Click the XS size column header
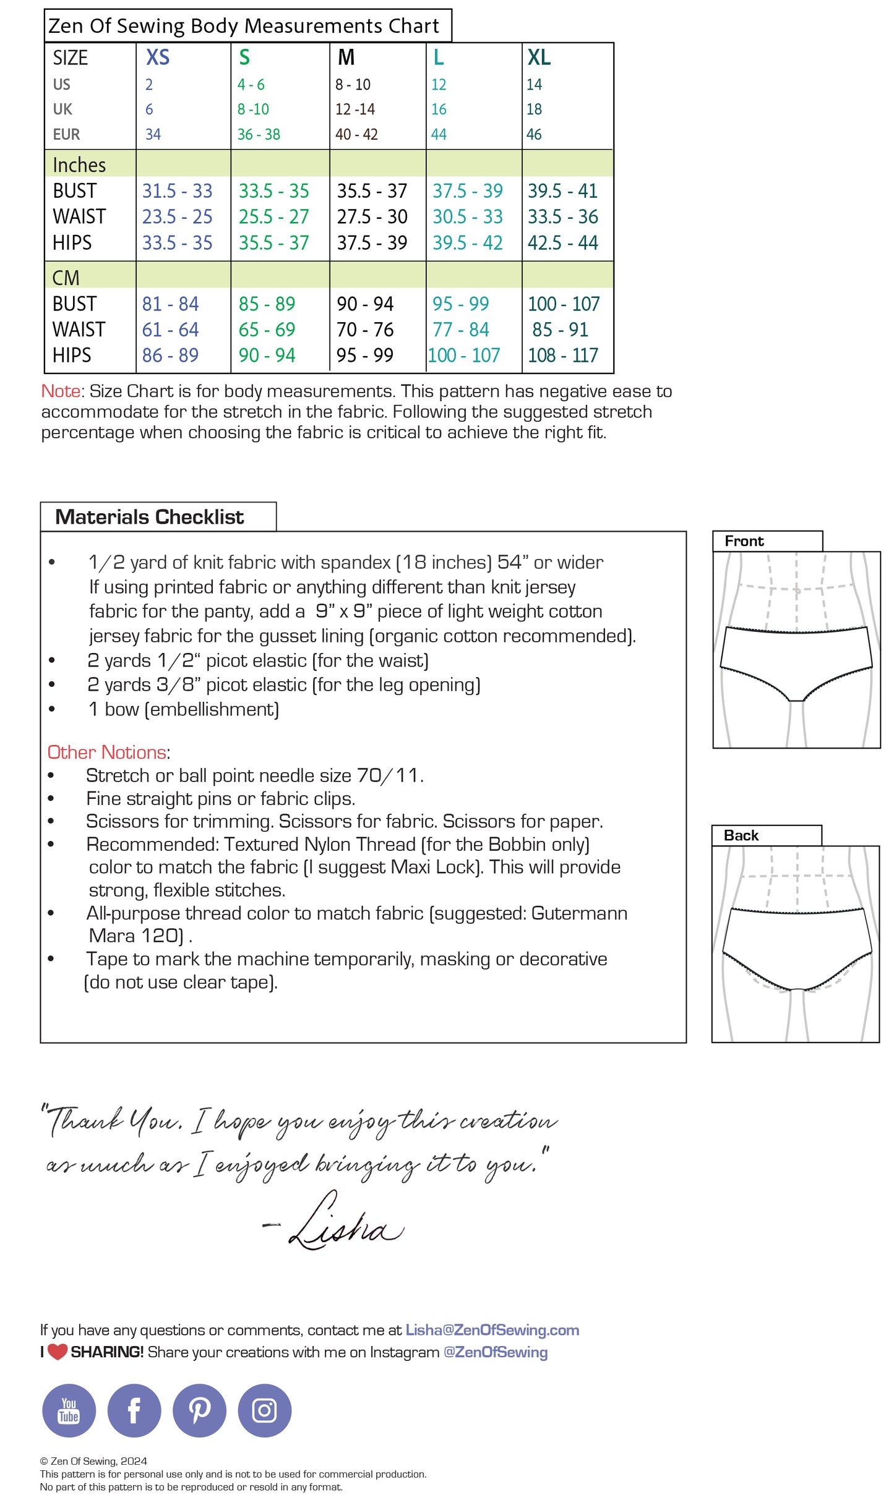pyautogui.click(x=158, y=57)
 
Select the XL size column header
pyautogui.click(x=539, y=57)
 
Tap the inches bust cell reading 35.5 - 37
pyautogui.click(x=372, y=191)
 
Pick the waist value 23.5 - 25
pyautogui.click(x=177, y=217)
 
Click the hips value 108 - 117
pyautogui.click(x=563, y=356)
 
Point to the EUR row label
pyautogui.click(x=66, y=135)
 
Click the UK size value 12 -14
pyautogui.click(x=355, y=109)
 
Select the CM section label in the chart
pyautogui.click(x=66, y=278)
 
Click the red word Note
pyautogui.click(x=61, y=391)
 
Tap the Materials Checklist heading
pyautogui.click(x=150, y=517)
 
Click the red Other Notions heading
pyautogui.click(x=107, y=752)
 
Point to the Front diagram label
pyautogui.click(x=744, y=541)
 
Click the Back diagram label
pyautogui.click(x=741, y=835)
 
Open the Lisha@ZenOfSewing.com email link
pyautogui.click(x=492, y=1330)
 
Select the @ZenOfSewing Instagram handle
pyautogui.click(x=496, y=1352)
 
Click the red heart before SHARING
pyautogui.click(x=58, y=1352)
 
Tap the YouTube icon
pyautogui.click(x=69, y=1410)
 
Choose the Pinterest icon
pyautogui.click(x=199, y=1410)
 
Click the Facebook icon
pyautogui.click(x=134, y=1410)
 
